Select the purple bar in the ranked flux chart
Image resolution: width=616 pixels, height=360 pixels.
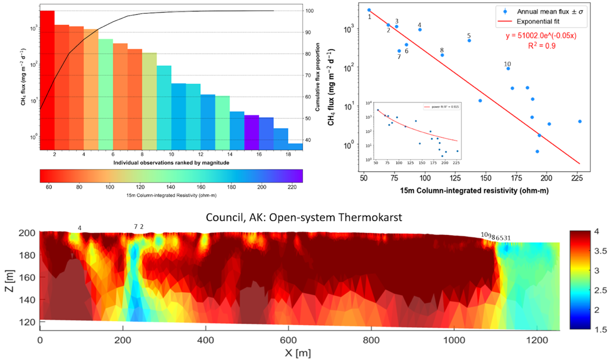(x=251, y=129)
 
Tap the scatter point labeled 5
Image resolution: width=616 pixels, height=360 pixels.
(x=469, y=41)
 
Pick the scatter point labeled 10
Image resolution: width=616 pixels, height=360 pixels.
(x=508, y=68)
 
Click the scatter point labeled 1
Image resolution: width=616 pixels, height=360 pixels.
(x=369, y=10)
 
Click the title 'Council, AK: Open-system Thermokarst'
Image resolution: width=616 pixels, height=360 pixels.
(x=307, y=217)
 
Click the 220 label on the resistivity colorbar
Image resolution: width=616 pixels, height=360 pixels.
(x=292, y=186)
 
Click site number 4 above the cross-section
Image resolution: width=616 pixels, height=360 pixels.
(x=80, y=228)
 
